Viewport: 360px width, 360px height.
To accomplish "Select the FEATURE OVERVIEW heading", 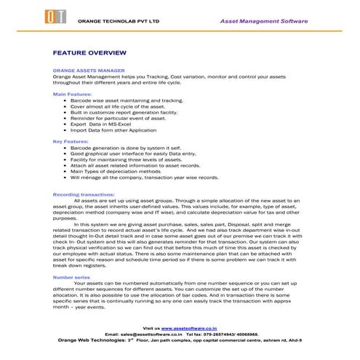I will pyautogui.click(x=90, y=54).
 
